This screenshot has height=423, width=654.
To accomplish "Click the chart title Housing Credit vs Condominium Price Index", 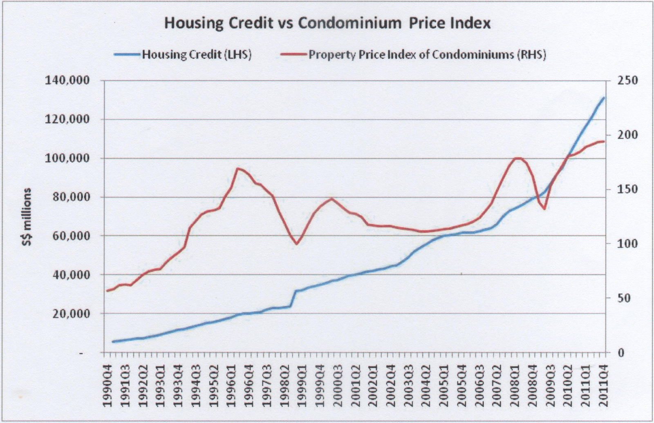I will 327,23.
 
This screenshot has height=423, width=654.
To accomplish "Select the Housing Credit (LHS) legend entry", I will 196,55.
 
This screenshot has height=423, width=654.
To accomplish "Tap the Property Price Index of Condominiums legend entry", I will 427,55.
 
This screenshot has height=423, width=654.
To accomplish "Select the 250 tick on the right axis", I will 619,80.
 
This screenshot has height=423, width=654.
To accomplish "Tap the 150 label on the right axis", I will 619,189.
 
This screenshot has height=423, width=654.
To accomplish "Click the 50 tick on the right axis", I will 617,298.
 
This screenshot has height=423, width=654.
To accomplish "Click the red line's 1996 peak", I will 237,168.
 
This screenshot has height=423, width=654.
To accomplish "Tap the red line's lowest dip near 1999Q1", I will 297,244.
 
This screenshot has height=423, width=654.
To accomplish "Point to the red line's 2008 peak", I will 517,158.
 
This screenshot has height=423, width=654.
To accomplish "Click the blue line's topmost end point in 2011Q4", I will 604,98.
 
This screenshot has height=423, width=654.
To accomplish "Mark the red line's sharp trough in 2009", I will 544,209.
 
